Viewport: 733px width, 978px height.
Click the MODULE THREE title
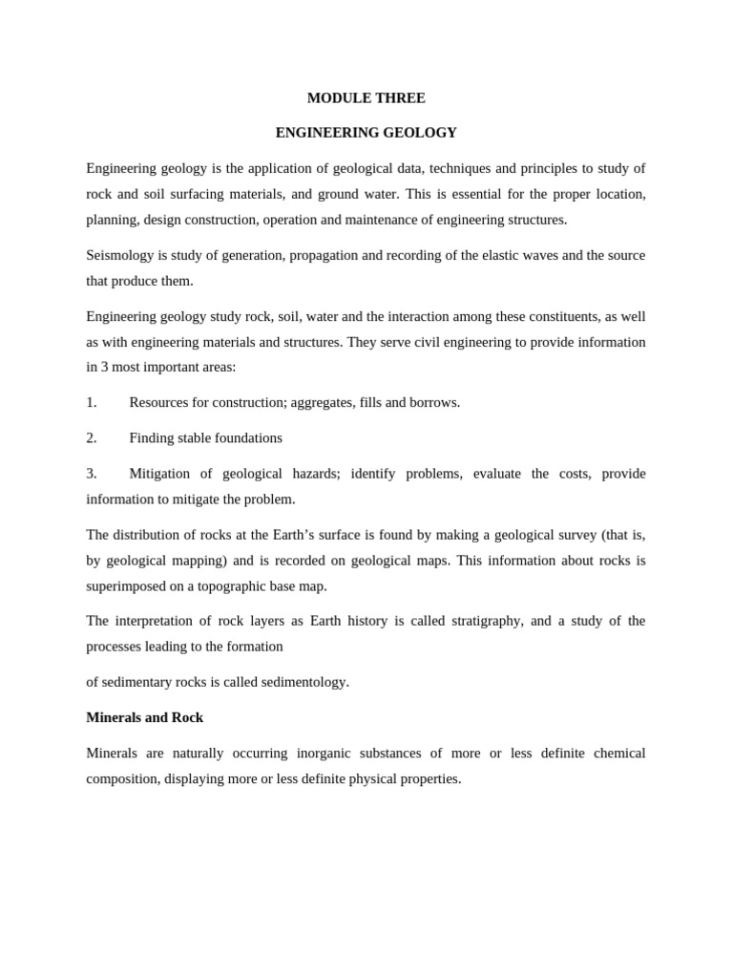pyautogui.click(x=366, y=98)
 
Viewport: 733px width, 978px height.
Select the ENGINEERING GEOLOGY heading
pyautogui.click(x=366, y=133)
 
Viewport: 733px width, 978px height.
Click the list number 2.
pyautogui.click(x=92, y=437)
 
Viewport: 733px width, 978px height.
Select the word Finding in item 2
pyautogui.click(x=153, y=437)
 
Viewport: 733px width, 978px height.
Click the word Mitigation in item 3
pyautogui.click(x=159, y=474)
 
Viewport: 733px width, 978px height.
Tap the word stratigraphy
pyautogui.click(x=486, y=621)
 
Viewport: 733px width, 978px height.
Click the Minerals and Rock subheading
pyautogui.click(x=144, y=717)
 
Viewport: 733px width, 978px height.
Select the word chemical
pyautogui.click(x=619, y=754)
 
